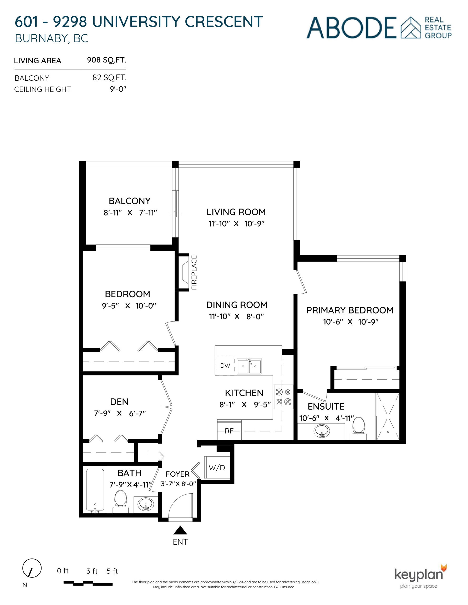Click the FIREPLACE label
(194, 273)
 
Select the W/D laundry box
(217, 468)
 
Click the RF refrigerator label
(229, 431)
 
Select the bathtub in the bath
(95, 489)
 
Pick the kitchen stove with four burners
(283, 397)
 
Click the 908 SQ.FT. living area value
(106, 60)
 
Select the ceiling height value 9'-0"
(118, 89)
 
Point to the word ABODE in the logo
(352, 28)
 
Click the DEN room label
(119, 402)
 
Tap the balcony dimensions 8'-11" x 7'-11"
(130, 213)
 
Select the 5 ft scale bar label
(112, 571)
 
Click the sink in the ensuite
(322, 431)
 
